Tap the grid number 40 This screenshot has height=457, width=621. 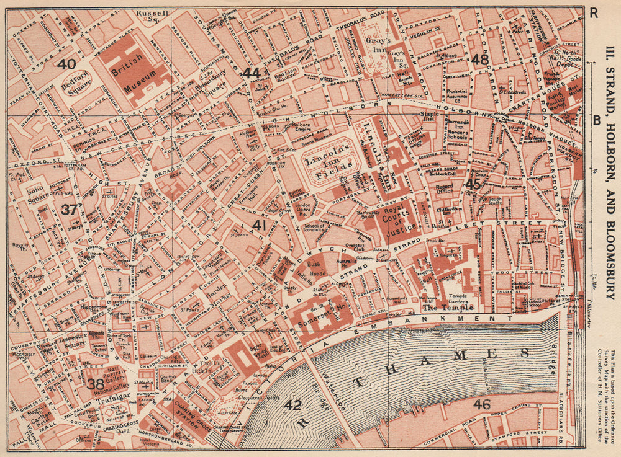(x=66, y=63)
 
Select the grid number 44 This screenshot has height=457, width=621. (x=251, y=73)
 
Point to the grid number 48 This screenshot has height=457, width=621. (x=480, y=60)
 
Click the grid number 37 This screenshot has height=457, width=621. (x=69, y=210)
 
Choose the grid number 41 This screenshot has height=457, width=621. (x=259, y=226)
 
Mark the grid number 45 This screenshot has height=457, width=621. (x=473, y=184)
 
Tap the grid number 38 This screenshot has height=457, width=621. (x=95, y=384)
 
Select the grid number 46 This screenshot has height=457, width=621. (x=482, y=404)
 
